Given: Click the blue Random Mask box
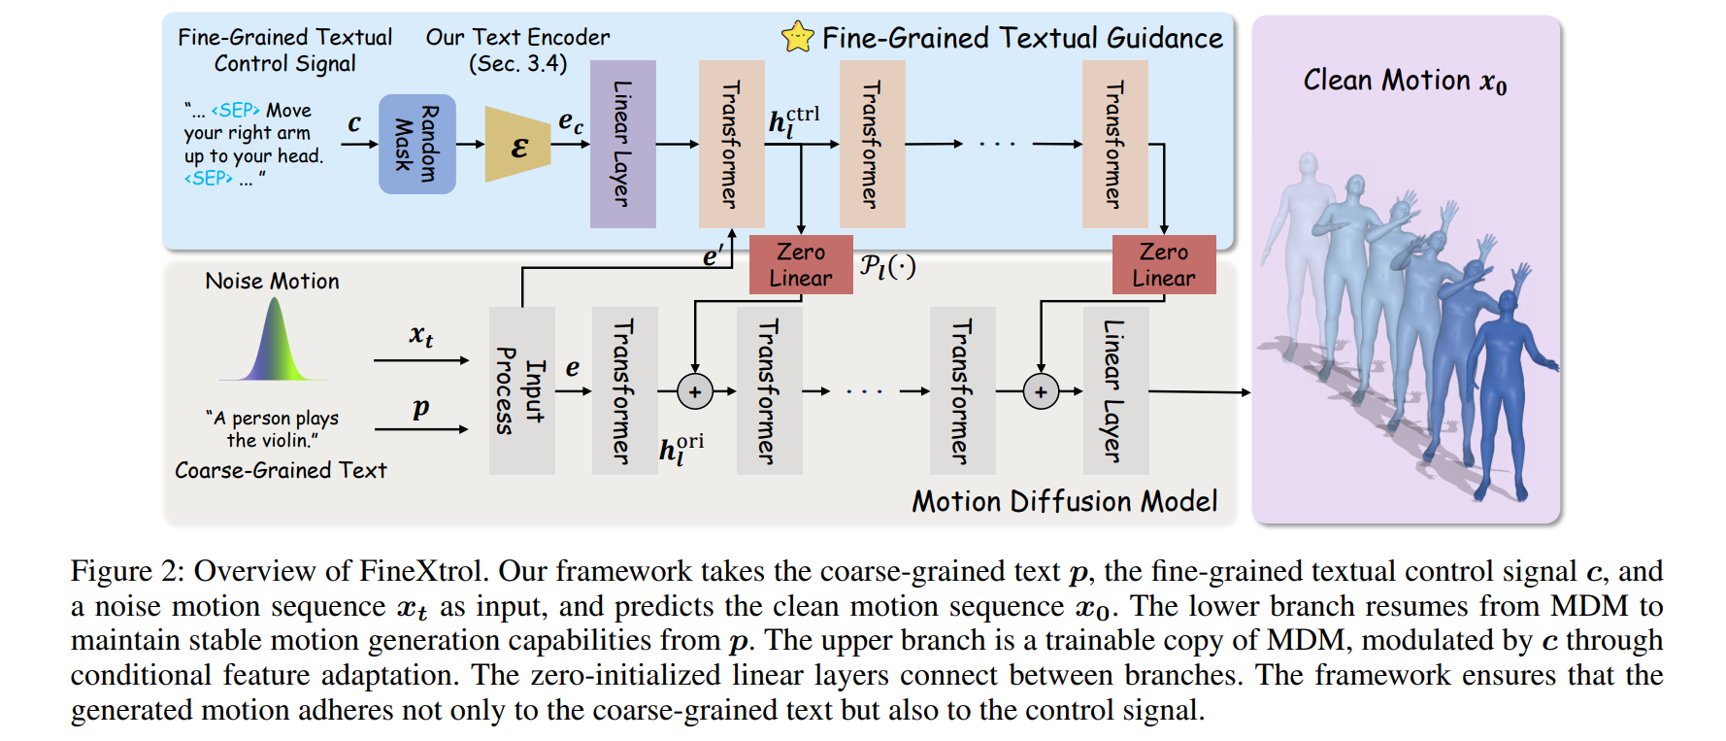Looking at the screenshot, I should (416, 144).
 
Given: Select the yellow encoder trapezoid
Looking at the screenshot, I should (518, 145).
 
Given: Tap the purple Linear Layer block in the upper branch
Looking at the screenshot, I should (622, 144).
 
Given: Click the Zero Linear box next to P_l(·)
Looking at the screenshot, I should (801, 264).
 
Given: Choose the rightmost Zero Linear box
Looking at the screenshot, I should (1163, 264).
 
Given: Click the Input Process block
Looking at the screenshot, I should (521, 390).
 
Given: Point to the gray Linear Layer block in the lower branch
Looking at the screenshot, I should (1115, 390).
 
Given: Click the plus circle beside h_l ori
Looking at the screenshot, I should (695, 391).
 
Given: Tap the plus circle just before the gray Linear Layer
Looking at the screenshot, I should (1041, 391).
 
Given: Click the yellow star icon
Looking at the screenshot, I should (797, 38).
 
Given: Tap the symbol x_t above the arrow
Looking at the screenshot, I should (420, 336).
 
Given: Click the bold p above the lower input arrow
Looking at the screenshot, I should (420, 407).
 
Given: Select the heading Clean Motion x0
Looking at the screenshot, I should (1404, 81).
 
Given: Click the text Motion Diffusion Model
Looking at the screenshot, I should (1064, 501).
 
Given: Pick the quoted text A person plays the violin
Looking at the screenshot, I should (272, 428).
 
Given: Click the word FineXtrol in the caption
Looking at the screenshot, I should (420, 571).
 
